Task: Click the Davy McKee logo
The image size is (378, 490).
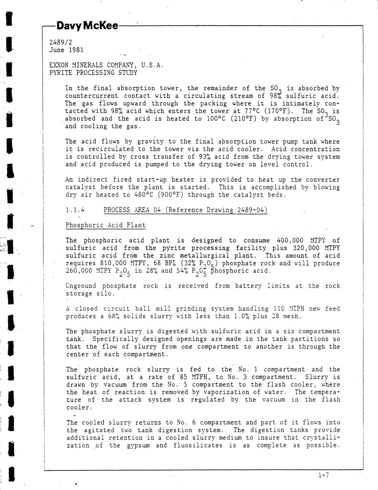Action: point(87,26)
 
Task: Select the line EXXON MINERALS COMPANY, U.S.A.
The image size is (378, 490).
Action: point(106,65)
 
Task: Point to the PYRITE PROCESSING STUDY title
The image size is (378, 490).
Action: point(93,73)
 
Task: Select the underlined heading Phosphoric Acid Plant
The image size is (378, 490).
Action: point(106,225)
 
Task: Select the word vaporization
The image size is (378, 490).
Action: point(225,392)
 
